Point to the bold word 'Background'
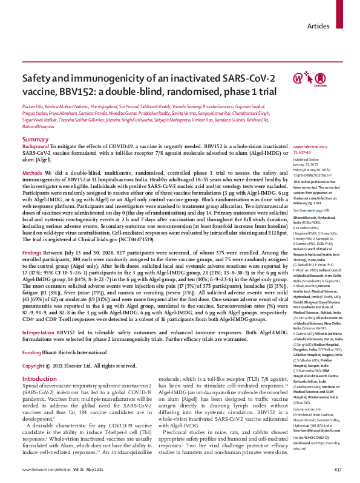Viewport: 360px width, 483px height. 36,147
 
